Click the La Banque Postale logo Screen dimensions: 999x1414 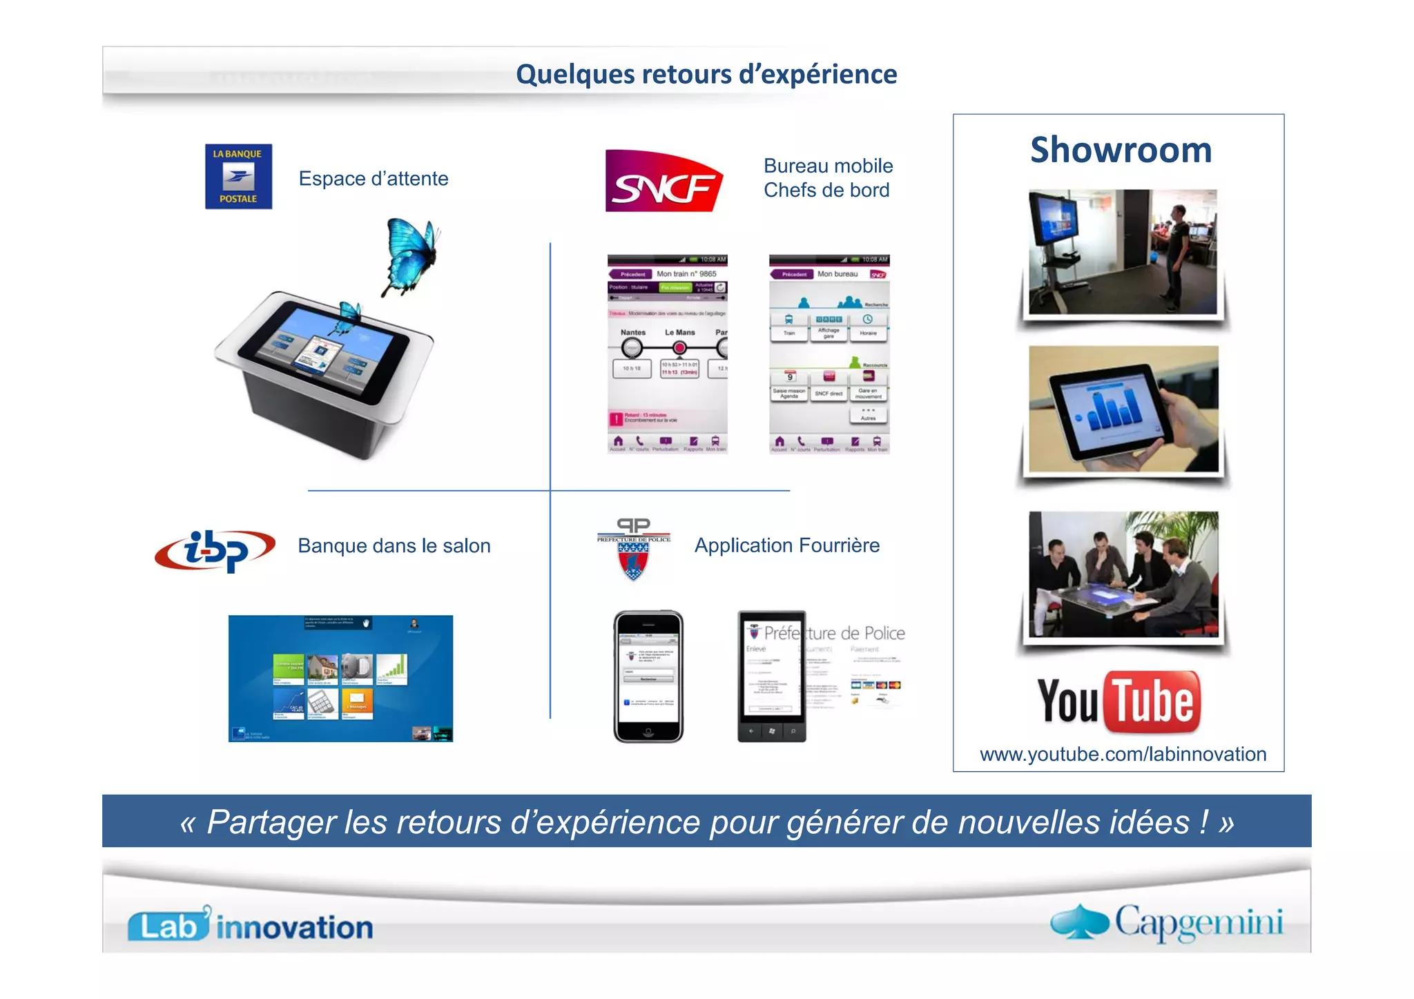coord(238,177)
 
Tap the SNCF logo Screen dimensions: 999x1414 coord(664,181)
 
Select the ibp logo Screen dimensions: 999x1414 coord(215,550)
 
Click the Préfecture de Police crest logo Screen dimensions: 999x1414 coord(634,550)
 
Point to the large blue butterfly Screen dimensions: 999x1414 coord(411,255)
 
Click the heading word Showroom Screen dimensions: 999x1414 coord(1121,150)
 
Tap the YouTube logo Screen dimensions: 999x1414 coord(1119,701)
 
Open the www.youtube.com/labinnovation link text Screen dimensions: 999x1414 coord(1123,754)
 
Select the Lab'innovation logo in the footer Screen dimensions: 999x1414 coord(250,926)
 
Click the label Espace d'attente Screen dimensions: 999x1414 coord(373,179)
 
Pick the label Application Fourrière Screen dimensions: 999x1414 coord(786,545)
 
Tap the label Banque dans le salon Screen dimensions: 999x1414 coord(394,546)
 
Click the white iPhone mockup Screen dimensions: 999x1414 coord(648,677)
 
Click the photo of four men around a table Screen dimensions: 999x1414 coord(1123,574)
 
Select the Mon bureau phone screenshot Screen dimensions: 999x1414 coord(829,354)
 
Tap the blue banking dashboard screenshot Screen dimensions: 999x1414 coord(340,678)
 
